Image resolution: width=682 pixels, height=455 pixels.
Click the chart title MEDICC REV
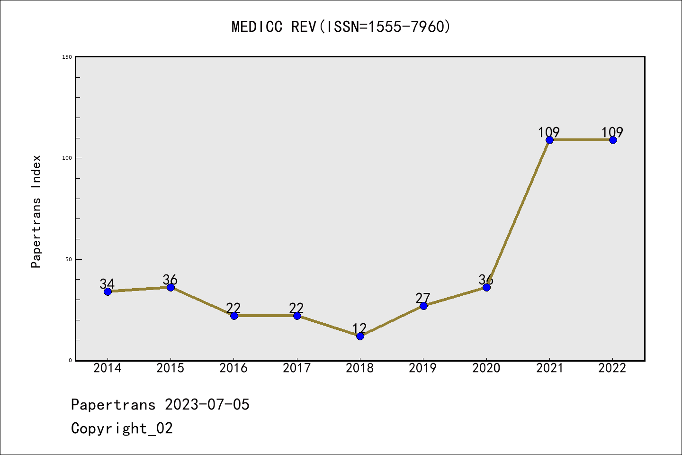(x=341, y=27)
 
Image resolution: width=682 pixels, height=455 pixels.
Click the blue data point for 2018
(x=360, y=336)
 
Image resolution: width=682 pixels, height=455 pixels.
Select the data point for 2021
(x=549, y=140)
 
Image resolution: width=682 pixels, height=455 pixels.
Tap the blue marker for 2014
(x=108, y=291)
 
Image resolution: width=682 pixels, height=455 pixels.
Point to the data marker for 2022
(x=613, y=140)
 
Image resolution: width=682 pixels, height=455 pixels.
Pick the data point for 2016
(x=234, y=316)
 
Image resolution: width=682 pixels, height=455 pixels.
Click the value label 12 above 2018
(x=359, y=328)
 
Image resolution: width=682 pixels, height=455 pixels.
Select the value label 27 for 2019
(x=422, y=298)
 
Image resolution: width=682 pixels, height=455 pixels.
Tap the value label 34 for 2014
(x=107, y=284)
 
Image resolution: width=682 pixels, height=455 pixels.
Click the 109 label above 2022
(x=612, y=132)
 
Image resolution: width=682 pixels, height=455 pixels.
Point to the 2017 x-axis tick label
(x=296, y=368)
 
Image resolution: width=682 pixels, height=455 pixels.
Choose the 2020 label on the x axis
(x=486, y=368)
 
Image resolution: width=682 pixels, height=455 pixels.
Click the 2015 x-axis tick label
(x=170, y=368)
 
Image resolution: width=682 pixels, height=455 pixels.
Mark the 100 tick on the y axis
(x=67, y=158)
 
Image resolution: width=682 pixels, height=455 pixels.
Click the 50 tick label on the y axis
(x=68, y=259)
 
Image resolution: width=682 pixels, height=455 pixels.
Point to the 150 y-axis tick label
(x=67, y=57)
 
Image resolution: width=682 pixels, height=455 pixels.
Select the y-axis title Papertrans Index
(x=36, y=211)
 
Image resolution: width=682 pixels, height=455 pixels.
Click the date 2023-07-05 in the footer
(x=207, y=405)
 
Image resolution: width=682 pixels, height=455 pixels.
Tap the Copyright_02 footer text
(x=122, y=428)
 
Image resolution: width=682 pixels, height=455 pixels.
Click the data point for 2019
(x=423, y=306)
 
